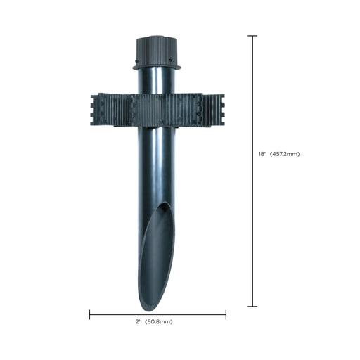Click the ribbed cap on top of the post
(x=157, y=49)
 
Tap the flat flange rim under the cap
(x=157, y=67)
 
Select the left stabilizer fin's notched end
(x=96, y=110)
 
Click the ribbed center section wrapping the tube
(x=156, y=110)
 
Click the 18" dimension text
(x=262, y=153)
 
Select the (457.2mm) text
(x=285, y=153)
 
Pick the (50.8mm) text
(x=160, y=321)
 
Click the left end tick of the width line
(x=90, y=314)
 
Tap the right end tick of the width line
(x=226, y=314)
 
